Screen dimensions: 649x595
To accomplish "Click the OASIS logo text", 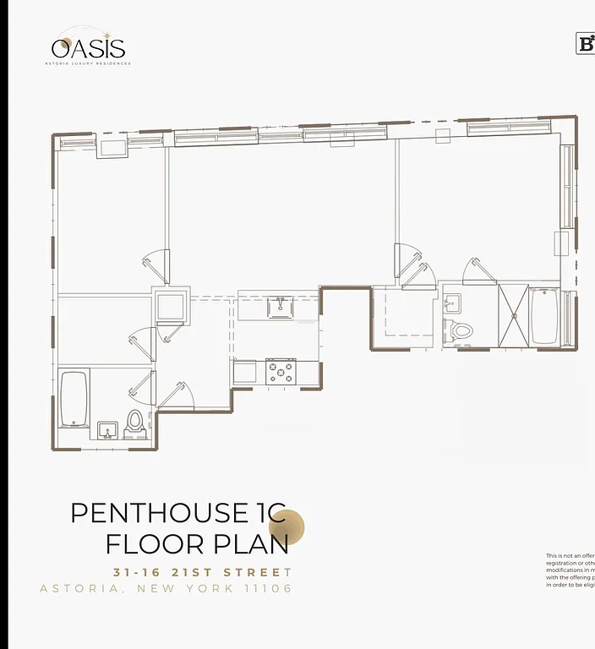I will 88,48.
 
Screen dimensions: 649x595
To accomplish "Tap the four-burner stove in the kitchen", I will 281,371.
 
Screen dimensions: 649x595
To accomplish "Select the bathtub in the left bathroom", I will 74,399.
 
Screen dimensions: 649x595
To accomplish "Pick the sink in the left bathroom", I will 106,431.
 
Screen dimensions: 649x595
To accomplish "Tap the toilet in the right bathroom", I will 461,329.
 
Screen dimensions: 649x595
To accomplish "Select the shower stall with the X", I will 513,316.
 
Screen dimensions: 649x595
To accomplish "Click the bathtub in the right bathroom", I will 544,316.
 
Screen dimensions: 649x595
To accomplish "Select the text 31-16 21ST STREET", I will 202,572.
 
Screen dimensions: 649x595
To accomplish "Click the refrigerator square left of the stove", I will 244,372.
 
